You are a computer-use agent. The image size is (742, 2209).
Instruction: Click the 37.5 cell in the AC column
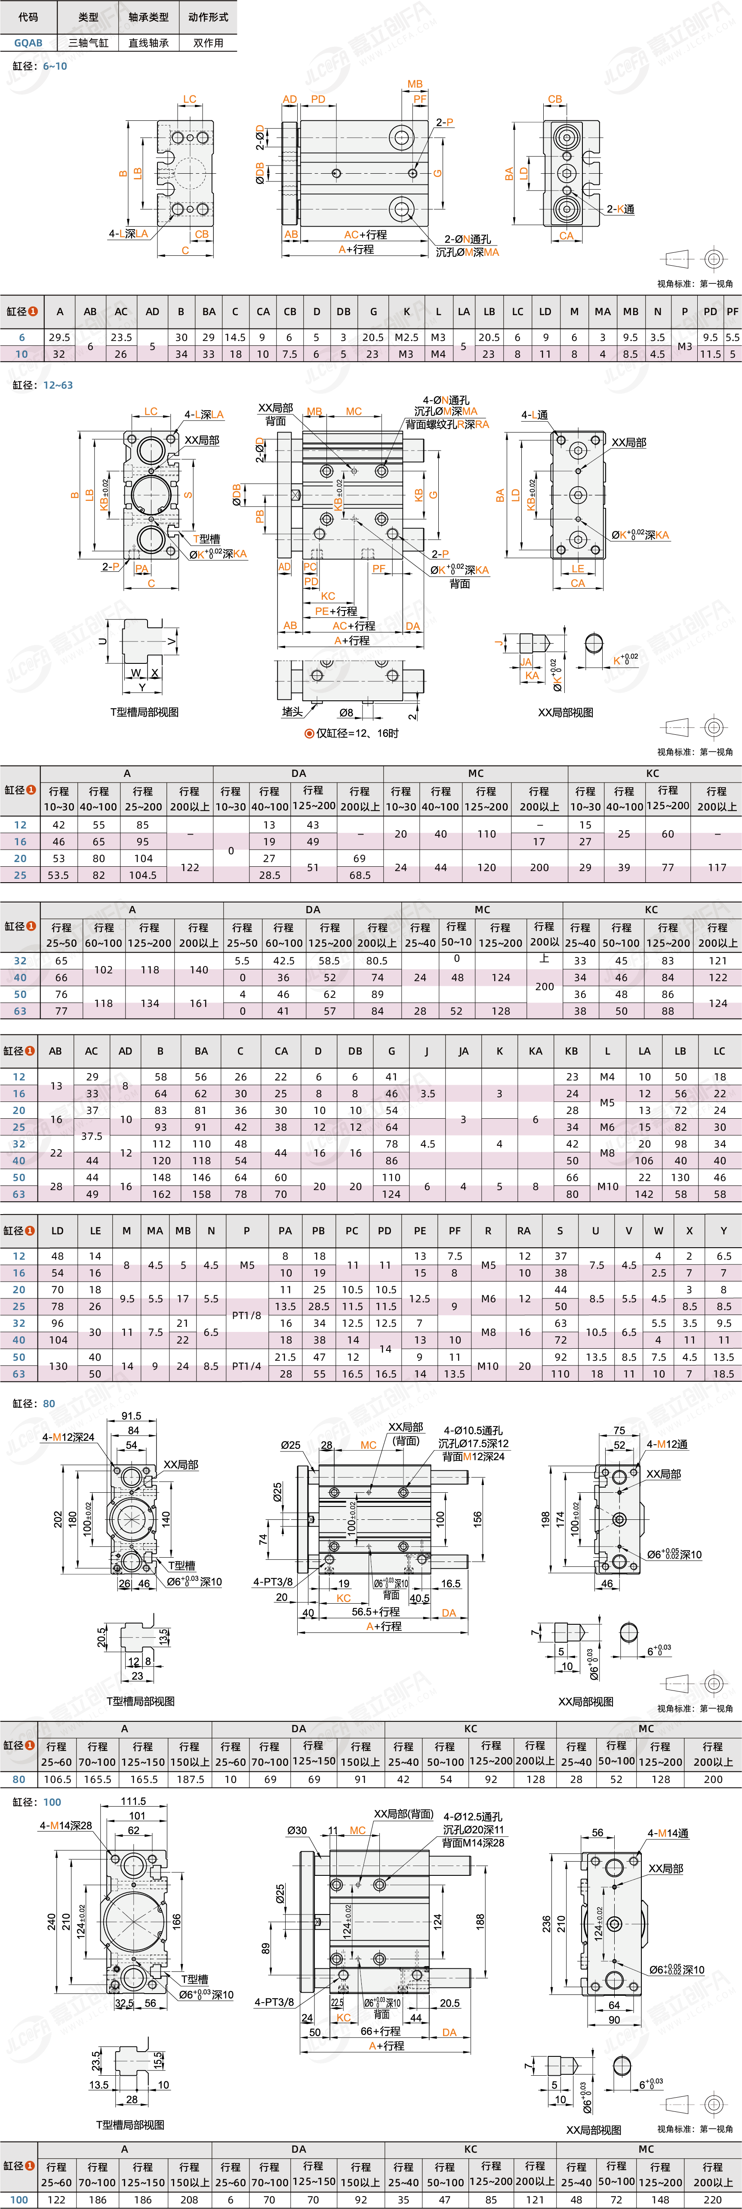[x=92, y=1135]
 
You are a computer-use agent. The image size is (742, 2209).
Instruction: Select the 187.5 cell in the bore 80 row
[x=190, y=1779]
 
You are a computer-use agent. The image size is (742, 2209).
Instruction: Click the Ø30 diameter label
[x=297, y=1830]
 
